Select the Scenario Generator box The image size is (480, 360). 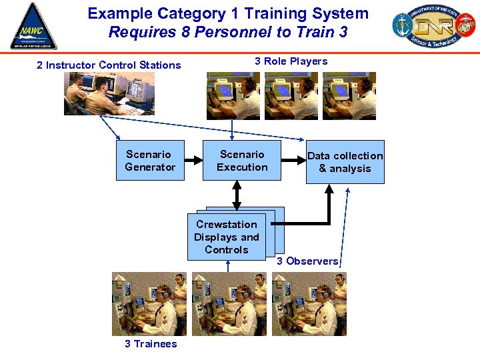150,161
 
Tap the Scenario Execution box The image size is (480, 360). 242,161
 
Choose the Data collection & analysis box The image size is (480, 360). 345,162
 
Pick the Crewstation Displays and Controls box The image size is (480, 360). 227,237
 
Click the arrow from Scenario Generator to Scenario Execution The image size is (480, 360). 193,160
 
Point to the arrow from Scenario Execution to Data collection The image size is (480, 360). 293,160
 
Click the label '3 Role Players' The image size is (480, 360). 291,61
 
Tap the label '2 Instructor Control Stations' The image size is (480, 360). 109,65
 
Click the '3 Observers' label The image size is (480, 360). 307,261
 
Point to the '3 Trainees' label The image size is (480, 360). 151,344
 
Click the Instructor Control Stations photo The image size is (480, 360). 109,93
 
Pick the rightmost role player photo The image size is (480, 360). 349,96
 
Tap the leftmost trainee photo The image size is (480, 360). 149,304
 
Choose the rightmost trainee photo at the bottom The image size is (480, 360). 309,304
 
